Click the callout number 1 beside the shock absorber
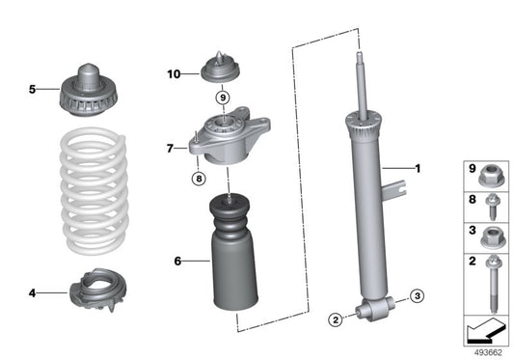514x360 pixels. [418, 169]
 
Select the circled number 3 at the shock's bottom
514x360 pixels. [417, 295]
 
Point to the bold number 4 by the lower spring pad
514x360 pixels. [33, 291]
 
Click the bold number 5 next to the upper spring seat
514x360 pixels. [31, 90]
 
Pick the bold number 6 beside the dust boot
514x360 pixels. [177, 261]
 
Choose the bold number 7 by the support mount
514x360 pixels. [169, 149]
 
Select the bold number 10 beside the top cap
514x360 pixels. [173, 73]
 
